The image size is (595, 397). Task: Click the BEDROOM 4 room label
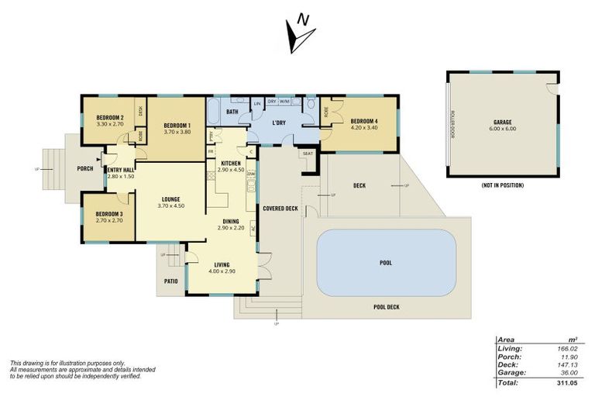(x=365, y=122)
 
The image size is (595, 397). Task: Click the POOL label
(x=385, y=263)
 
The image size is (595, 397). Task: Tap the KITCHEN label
(x=231, y=163)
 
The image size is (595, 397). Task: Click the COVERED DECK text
(x=280, y=209)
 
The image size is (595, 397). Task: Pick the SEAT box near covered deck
(x=308, y=154)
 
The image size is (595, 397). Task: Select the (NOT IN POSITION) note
(x=502, y=186)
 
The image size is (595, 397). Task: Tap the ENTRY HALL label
(x=120, y=170)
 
